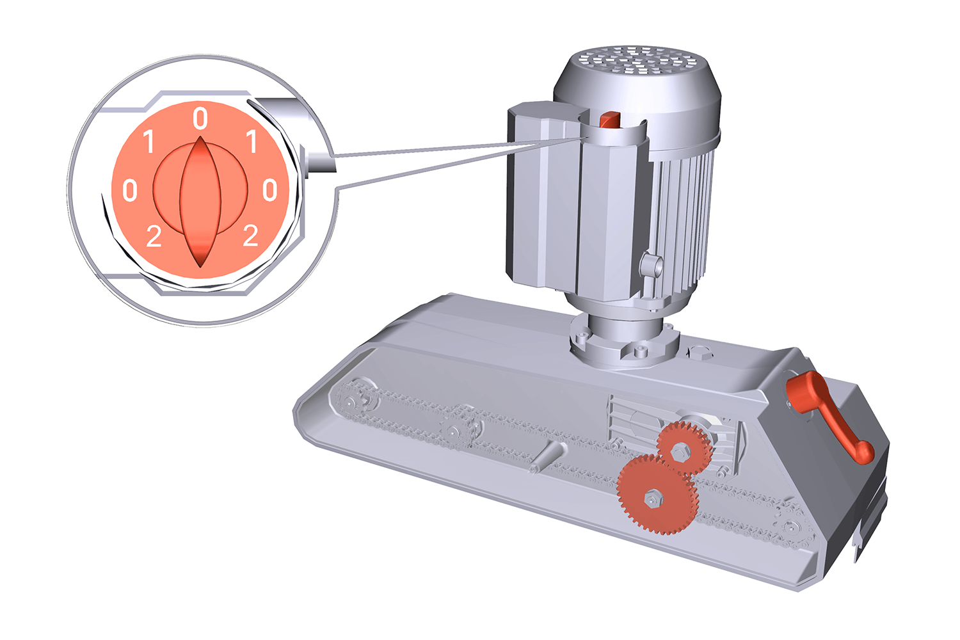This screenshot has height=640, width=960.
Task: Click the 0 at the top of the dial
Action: coord(200,118)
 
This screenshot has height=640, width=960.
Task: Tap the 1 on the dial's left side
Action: coord(149,141)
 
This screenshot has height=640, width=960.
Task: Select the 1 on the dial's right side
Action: coord(251,141)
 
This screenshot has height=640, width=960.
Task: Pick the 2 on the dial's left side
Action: coord(154,237)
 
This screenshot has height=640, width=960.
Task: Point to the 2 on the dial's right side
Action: coord(250,236)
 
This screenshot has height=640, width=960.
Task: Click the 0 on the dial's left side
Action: coord(130,190)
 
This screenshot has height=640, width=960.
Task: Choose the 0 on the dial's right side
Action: coord(270,190)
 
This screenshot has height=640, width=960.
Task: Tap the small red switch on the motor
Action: coord(609,118)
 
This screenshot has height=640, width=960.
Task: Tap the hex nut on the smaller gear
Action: coord(680,451)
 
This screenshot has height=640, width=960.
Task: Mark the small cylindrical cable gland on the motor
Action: coord(650,264)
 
